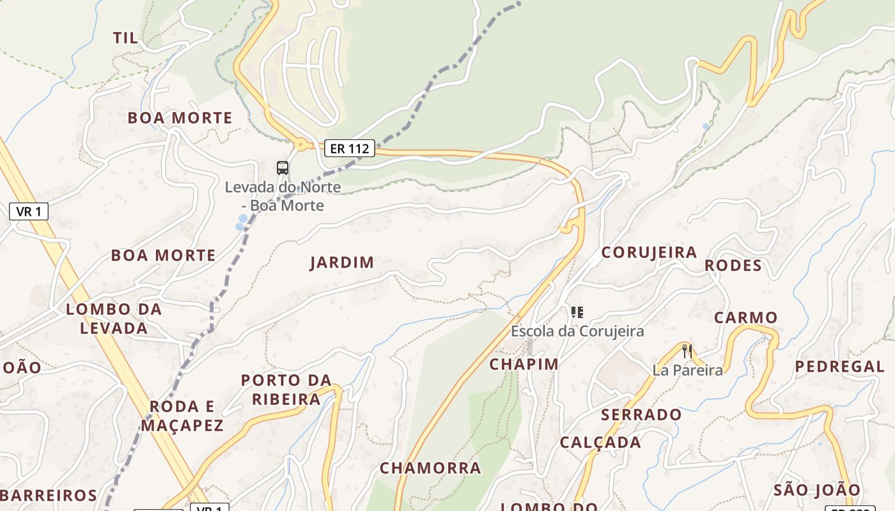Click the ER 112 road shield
click(349, 149)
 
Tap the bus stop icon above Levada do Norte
click(283, 168)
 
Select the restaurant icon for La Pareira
click(687, 351)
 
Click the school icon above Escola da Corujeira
click(577, 312)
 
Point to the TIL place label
click(125, 38)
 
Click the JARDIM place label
click(342, 263)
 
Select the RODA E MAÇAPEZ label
click(182, 416)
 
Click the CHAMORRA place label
click(430, 468)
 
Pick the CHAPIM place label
click(524, 364)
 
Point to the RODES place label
click(733, 265)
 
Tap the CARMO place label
click(745, 317)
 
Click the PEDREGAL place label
click(840, 367)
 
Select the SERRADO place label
click(641, 415)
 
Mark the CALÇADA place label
click(600, 443)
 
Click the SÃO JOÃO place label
click(817, 490)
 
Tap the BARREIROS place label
click(49, 495)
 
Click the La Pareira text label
click(688, 370)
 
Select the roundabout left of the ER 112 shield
click(301, 144)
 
